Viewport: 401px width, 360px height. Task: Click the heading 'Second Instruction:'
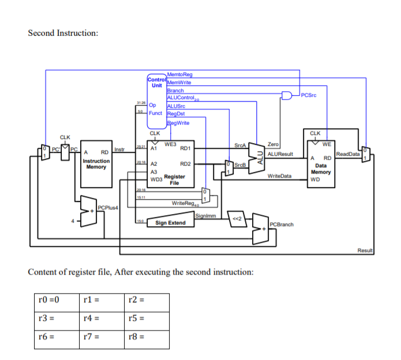point(63,32)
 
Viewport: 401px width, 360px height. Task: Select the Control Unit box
point(156,82)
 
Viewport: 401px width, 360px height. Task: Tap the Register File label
point(174,179)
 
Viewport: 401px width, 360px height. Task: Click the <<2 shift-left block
point(237,219)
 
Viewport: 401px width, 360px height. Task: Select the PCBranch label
point(282,224)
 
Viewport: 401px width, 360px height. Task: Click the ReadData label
point(347,154)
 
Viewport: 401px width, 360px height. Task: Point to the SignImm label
point(205,216)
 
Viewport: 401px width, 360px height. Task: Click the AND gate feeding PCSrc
point(287,95)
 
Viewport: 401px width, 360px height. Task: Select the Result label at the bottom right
point(365,250)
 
